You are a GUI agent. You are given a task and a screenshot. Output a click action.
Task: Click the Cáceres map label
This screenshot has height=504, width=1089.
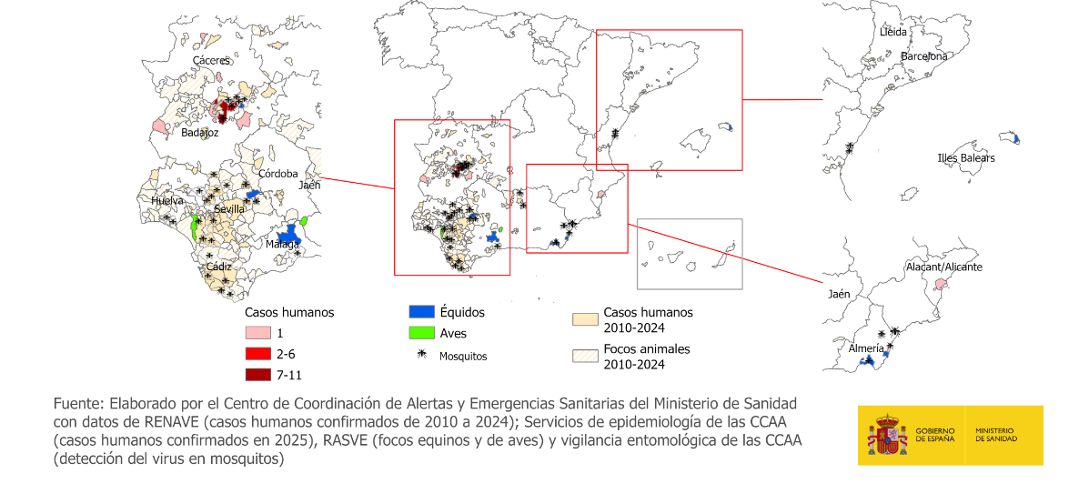pos(211,60)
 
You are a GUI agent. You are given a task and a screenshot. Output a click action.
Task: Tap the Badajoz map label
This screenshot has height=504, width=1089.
pos(200,132)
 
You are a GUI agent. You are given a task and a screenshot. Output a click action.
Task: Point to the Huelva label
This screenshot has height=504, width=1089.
pos(167,200)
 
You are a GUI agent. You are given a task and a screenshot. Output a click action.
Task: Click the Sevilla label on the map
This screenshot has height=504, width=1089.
pos(229,209)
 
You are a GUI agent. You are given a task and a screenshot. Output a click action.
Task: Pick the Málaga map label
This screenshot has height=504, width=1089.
pos(283,244)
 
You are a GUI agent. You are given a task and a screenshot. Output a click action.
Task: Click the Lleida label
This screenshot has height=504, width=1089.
pos(893,32)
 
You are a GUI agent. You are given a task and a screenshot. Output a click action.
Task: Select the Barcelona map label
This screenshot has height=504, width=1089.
pos(923,56)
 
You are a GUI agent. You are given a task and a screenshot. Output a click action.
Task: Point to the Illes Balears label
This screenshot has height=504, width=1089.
pos(965,158)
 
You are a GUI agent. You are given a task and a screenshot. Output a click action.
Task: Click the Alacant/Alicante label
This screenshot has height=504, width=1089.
pos(944,267)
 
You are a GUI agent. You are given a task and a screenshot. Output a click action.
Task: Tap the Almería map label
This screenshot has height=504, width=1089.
pos(865,348)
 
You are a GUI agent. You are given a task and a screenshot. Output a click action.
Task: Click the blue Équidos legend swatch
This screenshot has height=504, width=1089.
pos(420,312)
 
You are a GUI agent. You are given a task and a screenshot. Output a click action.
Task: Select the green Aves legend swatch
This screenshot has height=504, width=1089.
pos(420,333)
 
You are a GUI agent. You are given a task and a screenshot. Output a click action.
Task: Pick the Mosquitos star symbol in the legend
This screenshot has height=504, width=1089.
pos(420,355)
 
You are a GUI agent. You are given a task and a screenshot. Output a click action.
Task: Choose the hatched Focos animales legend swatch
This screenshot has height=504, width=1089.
pos(583,357)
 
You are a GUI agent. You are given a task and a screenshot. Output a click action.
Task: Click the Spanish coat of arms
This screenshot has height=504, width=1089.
pos(886,435)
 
